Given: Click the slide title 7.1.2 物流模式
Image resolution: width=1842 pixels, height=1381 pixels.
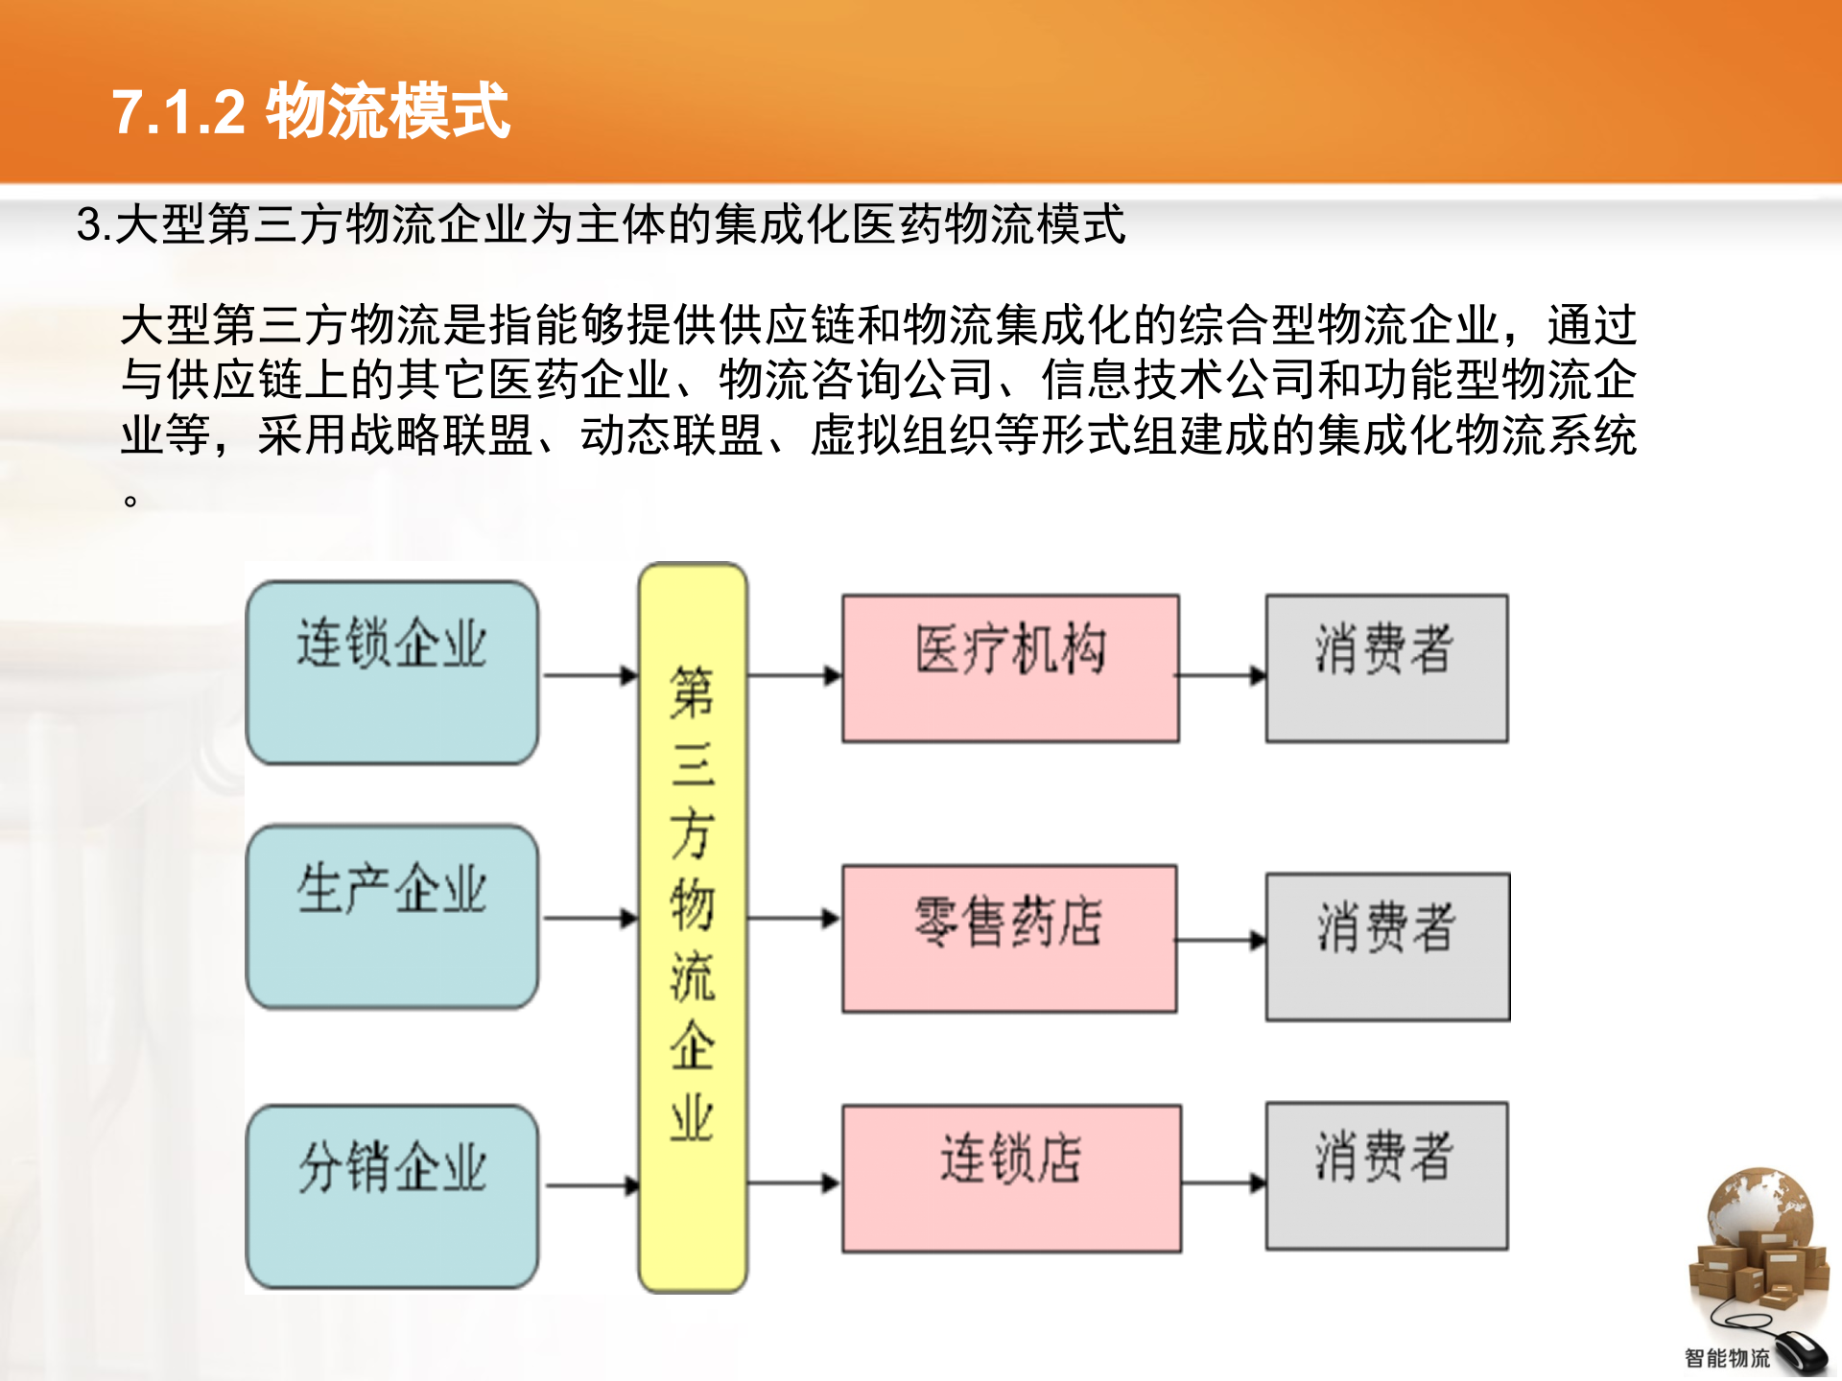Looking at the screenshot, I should tap(310, 111).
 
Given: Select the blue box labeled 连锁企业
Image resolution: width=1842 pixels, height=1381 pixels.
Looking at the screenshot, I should tap(391, 671).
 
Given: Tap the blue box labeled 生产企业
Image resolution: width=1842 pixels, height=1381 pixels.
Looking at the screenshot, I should tap(391, 916).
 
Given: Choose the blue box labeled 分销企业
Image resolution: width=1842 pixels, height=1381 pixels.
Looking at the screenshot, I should tap(391, 1195).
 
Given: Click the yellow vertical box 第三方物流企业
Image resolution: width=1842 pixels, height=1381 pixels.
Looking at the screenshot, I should tap(693, 926).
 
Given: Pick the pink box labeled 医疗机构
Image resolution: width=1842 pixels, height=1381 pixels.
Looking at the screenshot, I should tap(1010, 667).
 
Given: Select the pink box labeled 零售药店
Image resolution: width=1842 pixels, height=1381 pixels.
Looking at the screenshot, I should tap(1009, 938).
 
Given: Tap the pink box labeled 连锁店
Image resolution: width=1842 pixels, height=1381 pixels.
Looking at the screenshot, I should tap(1011, 1178).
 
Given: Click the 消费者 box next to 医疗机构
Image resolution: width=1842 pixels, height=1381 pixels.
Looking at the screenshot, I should tap(1386, 667).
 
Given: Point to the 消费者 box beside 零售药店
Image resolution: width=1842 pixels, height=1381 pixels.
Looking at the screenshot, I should tap(1387, 946).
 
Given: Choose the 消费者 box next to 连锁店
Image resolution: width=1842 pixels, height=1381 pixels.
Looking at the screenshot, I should tap(1386, 1175).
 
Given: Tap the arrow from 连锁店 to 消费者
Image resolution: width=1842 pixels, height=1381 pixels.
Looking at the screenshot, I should tap(1223, 1183).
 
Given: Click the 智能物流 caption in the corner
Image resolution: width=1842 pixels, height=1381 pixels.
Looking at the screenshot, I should tap(1727, 1358).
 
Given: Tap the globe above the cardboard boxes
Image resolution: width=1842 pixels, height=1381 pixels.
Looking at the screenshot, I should tap(1759, 1206).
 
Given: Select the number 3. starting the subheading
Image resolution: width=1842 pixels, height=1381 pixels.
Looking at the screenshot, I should tap(94, 225).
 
